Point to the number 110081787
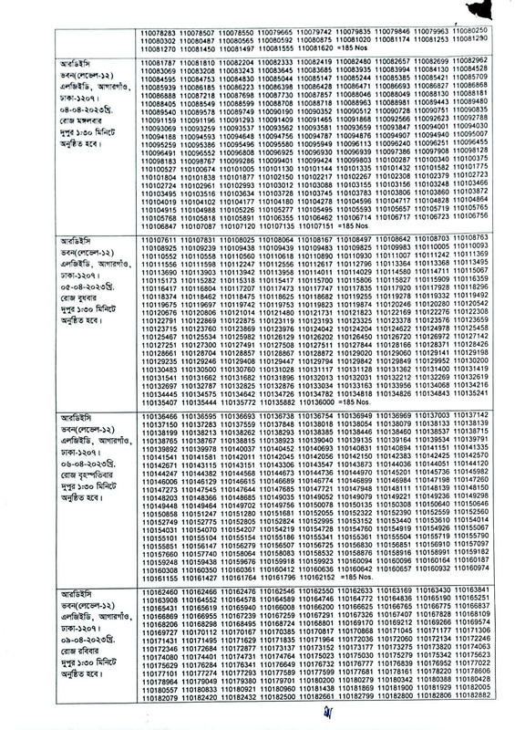[x=126, y=60]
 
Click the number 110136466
[x=126, y=415]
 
